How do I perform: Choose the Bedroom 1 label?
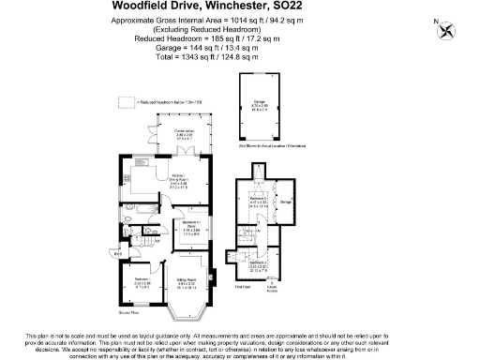click(x=139, y=280)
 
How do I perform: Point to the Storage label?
click(x=286, y=200)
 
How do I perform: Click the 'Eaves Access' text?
click(x=270, y=289)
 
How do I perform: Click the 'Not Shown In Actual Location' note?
click(x=273, y=147)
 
